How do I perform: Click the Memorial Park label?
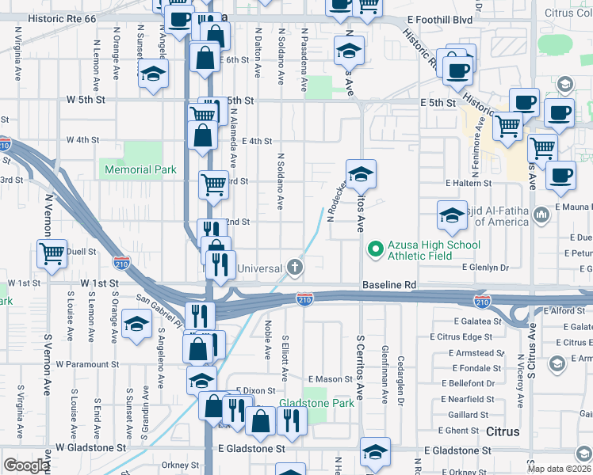(140, 169)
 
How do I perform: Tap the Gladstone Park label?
(316, 403)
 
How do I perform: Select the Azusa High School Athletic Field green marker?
(374, 250)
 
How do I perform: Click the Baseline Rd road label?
(389, 284)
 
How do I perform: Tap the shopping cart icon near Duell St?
(52, 254)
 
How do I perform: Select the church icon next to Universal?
(295, 267)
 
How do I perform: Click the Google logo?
(26, 465)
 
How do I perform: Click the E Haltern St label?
(469, 183)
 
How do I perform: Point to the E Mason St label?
(330, 379)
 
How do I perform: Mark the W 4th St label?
(82, 139)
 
